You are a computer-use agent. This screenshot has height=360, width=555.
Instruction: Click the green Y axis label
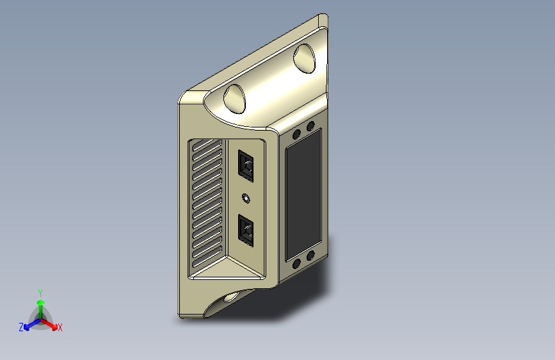40,293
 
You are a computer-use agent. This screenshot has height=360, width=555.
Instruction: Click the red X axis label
60,327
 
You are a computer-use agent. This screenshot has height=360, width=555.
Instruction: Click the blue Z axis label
21,327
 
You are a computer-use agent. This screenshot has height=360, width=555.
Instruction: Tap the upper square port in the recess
246,165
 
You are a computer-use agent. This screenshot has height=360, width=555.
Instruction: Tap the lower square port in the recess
246,231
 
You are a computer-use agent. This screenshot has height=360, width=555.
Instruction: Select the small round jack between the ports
246,199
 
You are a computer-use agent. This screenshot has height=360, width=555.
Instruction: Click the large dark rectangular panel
303,195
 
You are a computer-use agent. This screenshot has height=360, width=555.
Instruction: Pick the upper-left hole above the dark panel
296,135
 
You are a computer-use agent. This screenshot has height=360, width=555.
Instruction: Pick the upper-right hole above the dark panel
310,126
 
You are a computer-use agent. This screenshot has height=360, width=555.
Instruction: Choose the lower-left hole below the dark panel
296,264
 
